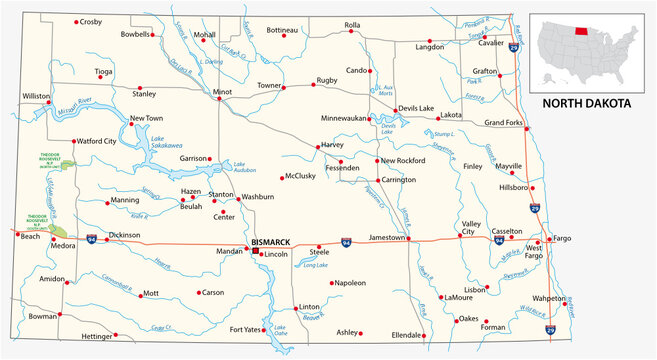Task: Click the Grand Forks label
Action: pos(504,123)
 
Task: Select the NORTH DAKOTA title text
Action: pos(586,103)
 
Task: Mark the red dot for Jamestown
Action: pos(408,238)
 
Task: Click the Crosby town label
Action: pos(90,21)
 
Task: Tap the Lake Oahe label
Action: pos(280,330)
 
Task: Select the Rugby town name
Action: pos(327,79)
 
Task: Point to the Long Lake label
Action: pos(315,264)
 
